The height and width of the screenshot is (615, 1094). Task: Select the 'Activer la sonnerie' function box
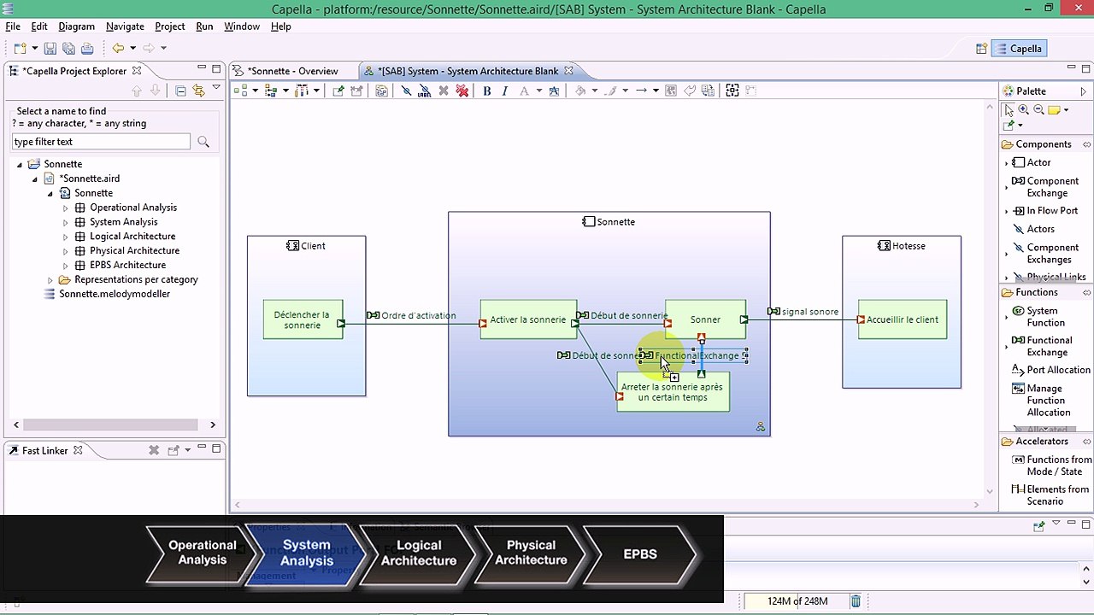(x=527, y=319)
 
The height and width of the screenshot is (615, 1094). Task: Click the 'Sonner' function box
(x=705, y=319)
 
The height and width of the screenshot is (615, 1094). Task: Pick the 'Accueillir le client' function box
(x=902, y=319)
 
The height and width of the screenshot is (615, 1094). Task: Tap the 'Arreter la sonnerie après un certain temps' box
(x=673, y=393)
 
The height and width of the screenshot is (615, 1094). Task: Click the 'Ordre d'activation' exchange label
(x=418, y=315)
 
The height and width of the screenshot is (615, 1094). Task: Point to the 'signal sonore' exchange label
(x=809, y=312)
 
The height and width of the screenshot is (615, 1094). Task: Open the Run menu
(x=204, y=26)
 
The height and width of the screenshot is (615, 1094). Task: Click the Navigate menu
(x=125, y=26)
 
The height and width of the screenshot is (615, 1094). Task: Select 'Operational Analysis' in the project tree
(x=133, y=208)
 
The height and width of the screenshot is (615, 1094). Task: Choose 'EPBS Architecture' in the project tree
(x=127, y=265)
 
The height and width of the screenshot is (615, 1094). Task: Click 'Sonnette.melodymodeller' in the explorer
(x=115, y=294)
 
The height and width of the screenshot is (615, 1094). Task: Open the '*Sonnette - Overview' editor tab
(x=292, y=71)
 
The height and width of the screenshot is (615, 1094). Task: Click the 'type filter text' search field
(x=101, y=142)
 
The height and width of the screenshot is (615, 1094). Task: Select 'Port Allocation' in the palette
(x=1058, y=370)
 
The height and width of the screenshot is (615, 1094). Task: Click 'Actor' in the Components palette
(x=1038, y=162)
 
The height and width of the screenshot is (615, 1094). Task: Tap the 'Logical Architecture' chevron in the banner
(x=419, y=553)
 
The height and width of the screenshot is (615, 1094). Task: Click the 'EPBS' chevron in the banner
(x=640, y=553)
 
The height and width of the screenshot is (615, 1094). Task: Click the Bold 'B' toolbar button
(x=487, y=91)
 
